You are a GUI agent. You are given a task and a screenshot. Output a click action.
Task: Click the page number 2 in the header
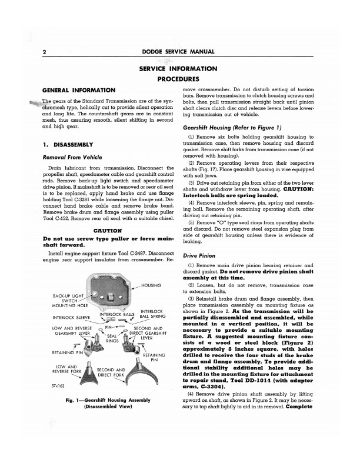click(45, 51)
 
